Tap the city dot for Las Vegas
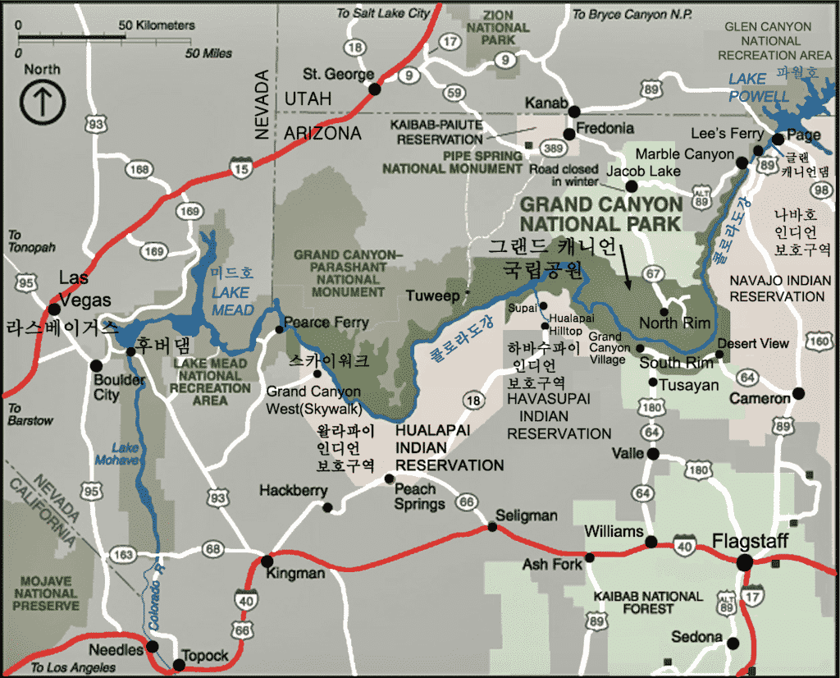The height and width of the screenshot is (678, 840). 54,309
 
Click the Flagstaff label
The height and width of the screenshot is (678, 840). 750,542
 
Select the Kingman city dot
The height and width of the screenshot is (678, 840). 267,562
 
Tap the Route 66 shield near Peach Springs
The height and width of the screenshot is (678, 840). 467,502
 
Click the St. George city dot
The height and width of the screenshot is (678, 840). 375,89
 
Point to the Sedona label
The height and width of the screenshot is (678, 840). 697,637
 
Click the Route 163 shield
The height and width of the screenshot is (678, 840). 122,555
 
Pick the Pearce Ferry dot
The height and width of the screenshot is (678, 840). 280,329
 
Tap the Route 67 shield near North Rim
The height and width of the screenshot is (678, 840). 653,272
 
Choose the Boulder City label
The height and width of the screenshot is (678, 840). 119,387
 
